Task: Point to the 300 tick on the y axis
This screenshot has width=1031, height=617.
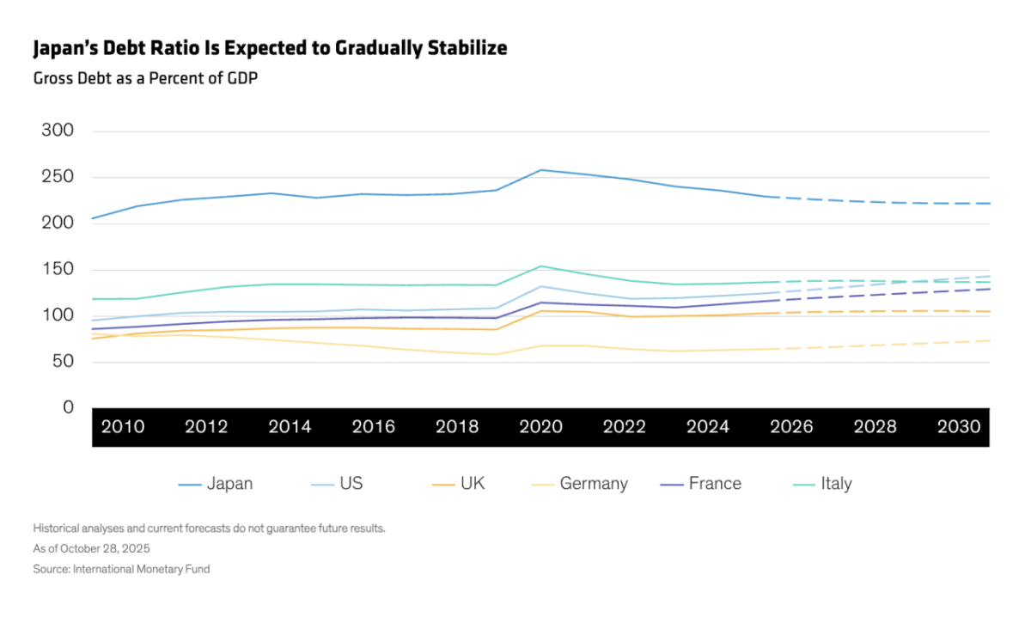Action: [58, 131]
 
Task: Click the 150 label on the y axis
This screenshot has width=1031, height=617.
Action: [58, 270]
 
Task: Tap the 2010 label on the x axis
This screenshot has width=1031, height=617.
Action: [123, 427]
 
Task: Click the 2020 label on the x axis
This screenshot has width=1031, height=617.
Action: [541, 427]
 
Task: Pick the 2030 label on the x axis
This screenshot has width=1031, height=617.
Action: [959, 427]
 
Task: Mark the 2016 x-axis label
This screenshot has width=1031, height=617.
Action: [374, 427]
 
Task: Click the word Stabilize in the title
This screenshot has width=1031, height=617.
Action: [465, 48]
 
